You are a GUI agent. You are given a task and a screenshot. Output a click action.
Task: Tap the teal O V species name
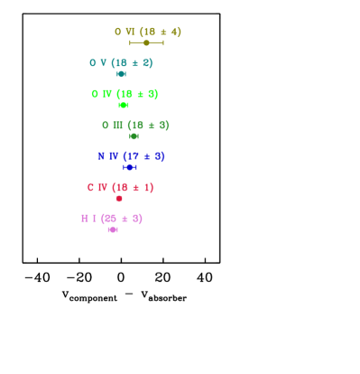[x=97, y=63]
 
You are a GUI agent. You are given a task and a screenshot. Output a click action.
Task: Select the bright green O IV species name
[x=101, y=94]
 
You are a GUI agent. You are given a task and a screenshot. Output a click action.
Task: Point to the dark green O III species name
[x=112, y=126]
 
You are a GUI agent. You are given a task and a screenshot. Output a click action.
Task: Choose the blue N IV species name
[x=108, y=156]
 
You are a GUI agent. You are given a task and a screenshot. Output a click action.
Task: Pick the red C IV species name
[x=97, y=188]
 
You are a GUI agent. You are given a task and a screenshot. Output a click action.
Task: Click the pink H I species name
[x=88, y=219]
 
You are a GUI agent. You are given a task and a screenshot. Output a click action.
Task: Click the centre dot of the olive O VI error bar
[x=146, y=42]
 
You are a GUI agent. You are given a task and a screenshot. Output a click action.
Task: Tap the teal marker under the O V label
[x=121, y=74]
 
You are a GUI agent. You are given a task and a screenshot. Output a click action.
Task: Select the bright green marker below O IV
[x=124, y=105]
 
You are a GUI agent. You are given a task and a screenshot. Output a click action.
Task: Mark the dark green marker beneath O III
[x=134, y=136]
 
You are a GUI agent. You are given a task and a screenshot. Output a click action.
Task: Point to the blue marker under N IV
[x=130, y=167]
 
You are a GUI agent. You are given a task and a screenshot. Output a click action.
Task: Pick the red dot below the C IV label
[x=119, y=198]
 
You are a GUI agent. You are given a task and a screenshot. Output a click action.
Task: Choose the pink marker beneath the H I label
[x=113, y=229]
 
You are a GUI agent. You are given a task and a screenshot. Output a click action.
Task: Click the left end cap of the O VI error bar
[x=130, y=42]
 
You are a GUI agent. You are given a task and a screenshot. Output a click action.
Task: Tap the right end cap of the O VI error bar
[x=163, y=42]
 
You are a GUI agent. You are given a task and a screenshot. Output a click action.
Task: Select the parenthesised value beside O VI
[x=160, y=33]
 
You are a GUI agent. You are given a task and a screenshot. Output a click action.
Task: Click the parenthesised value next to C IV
[x=133, y=188]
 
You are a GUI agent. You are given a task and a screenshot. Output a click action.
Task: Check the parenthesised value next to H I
[x=122, y=219]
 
